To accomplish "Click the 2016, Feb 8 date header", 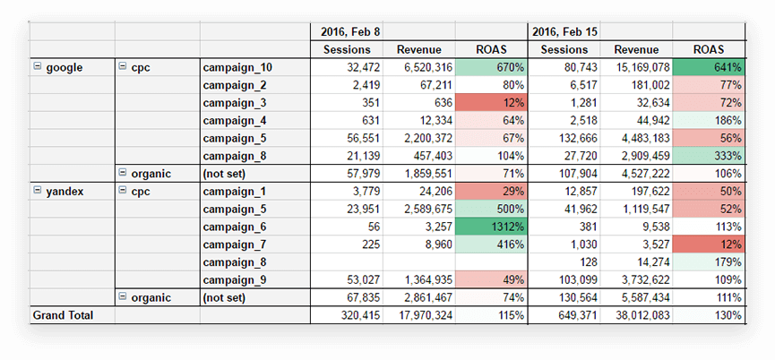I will (350, 32).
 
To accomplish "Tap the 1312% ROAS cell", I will (490, 227).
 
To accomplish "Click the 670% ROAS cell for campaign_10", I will (490, 67).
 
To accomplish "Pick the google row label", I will (64, 67).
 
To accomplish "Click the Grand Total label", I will (63, 315).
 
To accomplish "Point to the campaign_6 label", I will (235, 227).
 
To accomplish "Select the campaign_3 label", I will (235, 102).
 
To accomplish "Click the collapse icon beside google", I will (37, 67).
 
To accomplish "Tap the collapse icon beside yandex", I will (37, 191).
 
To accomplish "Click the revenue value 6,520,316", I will (417, 67).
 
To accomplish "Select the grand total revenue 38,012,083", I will (635, 315).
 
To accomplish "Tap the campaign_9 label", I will (235, 279).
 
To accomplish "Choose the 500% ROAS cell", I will (490, 209).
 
